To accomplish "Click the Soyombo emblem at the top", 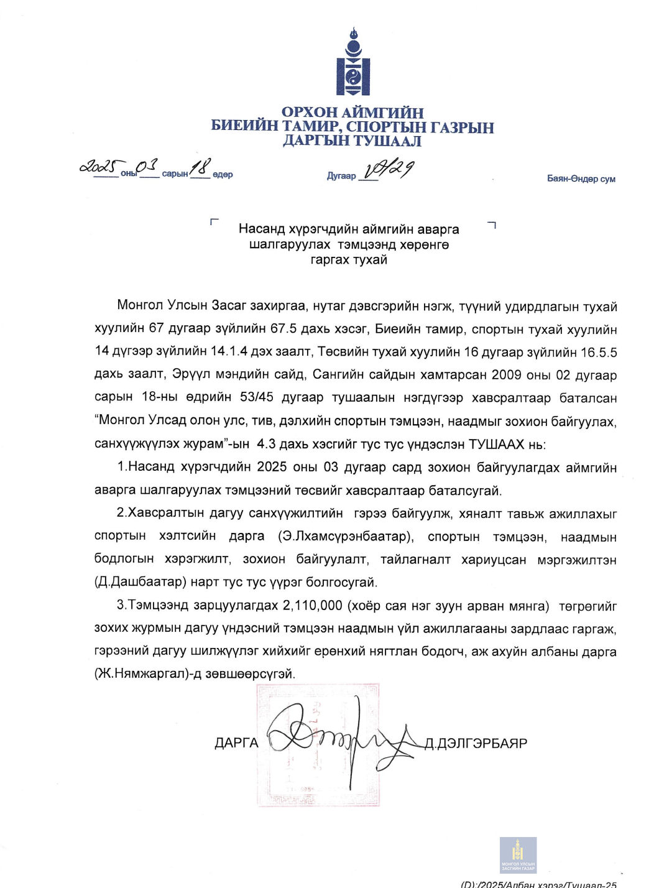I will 353,62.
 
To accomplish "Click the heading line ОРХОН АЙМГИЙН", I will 352,113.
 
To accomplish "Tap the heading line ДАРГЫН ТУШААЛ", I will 352,141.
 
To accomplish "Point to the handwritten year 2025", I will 98,167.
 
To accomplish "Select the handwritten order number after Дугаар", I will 389,169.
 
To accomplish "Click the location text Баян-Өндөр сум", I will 581,179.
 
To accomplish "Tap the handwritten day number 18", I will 200,167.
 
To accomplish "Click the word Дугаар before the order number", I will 341,176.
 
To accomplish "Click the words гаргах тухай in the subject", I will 349,260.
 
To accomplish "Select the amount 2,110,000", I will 312,606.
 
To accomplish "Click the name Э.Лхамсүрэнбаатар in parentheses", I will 346,536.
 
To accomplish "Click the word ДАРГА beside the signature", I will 236,743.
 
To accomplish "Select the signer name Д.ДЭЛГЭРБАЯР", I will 476,744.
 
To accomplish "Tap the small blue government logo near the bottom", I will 518,855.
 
